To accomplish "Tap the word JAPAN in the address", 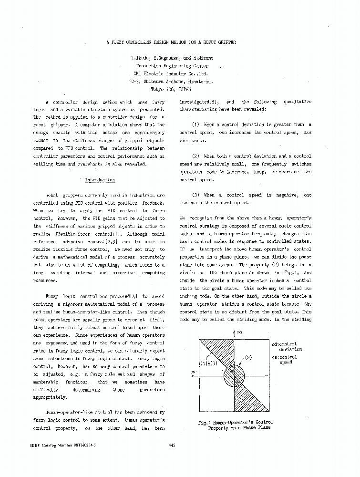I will pyautogui.click(x=185, y=89).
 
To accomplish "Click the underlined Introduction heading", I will pyautogui.click(x=100, y=180).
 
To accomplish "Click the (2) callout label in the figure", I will pyautogui.click(x=248, y=357).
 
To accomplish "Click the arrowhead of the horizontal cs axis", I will pyautogui.click(x=192, y=376).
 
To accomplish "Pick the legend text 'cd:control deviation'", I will pyautogui.click(x=287, y=346).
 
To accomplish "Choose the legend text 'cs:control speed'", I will pyautogui.click(x=286, y=360).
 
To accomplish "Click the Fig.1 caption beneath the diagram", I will pyautogui.click(x=236, y=425).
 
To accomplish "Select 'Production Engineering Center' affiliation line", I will pyautogui.click(x=172, y=66).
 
